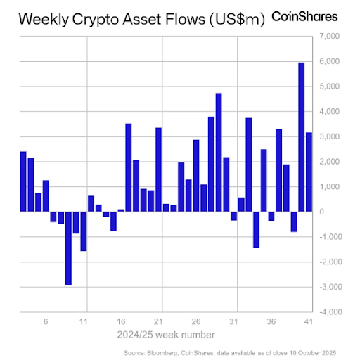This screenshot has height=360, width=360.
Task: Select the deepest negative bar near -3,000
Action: tap(68, 248)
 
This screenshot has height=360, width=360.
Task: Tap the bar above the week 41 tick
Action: tap(309, 172)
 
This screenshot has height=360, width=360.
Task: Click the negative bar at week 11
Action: tap(83, 231)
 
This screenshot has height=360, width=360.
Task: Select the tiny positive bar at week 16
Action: tap(121, 210)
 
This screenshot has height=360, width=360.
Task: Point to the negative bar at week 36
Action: tap(271, 216)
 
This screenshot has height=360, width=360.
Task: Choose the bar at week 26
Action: tap(196, 175)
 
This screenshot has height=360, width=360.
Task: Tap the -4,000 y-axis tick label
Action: tap(328, 312)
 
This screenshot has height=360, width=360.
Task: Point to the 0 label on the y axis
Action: tap(321, 212)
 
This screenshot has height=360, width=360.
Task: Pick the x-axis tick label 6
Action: tap(46, 322)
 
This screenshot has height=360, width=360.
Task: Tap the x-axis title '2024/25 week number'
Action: tap(166, 334)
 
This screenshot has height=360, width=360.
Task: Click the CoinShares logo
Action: tap(305, 17)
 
